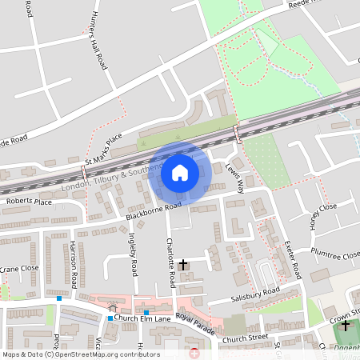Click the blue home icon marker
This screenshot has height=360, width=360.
[x=180, y=173]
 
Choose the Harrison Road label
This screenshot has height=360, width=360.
[x=73, y=264]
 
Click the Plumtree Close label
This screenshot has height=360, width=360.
[x=338, y=255]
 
